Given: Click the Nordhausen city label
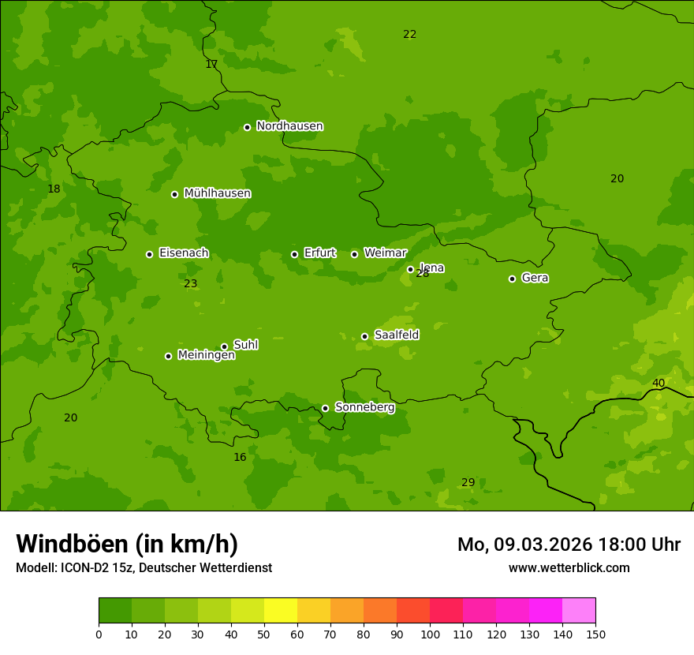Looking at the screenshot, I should click(289, 126).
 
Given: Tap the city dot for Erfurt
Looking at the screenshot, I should click(294, 254).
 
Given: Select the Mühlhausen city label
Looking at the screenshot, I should click(217, 193).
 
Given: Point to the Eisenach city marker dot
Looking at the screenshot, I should click(149, 254).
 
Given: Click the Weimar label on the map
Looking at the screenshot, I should click(385, 253).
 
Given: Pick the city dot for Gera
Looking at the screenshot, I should click(512, 279).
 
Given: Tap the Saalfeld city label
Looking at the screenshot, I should click(396, 335).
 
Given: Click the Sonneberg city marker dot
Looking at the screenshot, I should click(325, 408).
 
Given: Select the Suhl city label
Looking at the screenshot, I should click(245, 345).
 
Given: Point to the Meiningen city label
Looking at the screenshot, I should click(206, 356).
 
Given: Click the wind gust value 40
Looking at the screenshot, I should click(658, 384).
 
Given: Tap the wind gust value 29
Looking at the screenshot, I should click(468, 482).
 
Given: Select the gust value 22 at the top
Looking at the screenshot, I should click(409, 34).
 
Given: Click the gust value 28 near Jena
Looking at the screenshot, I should click(423, 274).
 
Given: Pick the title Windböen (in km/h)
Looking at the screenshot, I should click(126, 544).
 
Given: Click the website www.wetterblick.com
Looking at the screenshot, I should click(569, 568).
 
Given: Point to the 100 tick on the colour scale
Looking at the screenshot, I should click(430, 634).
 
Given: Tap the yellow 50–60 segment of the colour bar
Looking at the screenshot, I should click(280, 611).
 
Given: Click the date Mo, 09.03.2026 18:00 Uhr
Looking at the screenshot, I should click(569, 545).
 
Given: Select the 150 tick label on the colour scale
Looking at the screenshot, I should click(595, 634).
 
